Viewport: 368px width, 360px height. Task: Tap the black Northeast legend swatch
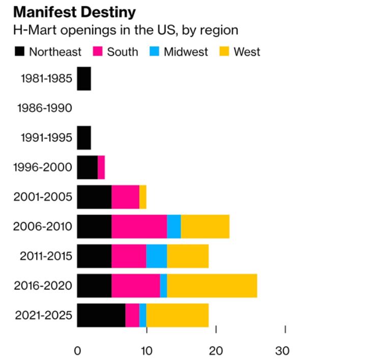click(x=20, y=51)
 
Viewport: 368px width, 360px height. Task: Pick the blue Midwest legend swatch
click(x=154, y=51)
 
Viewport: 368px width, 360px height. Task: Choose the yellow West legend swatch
click(x=224, y=51)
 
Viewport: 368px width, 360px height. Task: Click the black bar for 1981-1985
click(x=84, y=78)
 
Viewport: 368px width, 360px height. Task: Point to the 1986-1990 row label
click(x=44, y=108)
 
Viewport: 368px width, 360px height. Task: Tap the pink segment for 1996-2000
click(x=101, y=167)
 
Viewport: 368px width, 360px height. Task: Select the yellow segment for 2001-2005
click(x=143, y=197)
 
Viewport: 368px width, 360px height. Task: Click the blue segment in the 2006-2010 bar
click(x=174, y=226)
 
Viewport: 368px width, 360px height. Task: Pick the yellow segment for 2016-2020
click(x=212, y=285)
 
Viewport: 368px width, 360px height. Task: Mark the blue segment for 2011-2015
click(x=157, y=256)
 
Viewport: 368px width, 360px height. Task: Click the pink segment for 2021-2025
click(x=132, y=315)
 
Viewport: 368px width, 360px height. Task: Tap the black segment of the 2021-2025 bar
click(x=101, y=315)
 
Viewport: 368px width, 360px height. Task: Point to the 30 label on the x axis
click(x=282, y=350)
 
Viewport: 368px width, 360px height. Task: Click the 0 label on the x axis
click(x=77, y=350)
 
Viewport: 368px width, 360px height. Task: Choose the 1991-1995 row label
click(x=46, y=137)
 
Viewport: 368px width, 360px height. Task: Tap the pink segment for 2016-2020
click(x=135, y=285)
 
